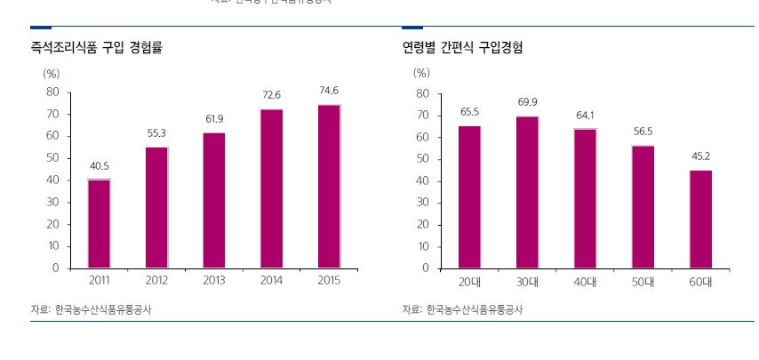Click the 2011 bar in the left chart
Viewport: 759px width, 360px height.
click(x=99, y=223)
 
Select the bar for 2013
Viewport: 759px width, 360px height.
click(x=213, y=200)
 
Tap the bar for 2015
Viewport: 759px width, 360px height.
click(x=328, y=186)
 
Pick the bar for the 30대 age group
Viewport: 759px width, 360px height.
click(x=527, y=191)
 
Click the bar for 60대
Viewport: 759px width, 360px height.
click(x=700, y=219)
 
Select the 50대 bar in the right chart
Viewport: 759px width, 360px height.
click(x=643, y=206)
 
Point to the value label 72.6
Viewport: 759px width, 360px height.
click(x=270, y=94)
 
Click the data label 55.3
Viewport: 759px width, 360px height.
click(x=156, y=132)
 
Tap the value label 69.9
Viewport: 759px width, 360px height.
click(x=527, y=102)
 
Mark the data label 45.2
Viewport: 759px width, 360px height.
click(x=700, y=156)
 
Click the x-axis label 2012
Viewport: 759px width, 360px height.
click(x=156, y=280)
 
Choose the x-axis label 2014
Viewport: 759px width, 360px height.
click(x=270, y=280)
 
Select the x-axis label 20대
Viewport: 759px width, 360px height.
click(x=470, y=281)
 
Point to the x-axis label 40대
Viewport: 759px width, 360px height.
click(x=585, y=281)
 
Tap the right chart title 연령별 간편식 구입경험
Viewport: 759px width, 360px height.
click(x=462, y=47)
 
